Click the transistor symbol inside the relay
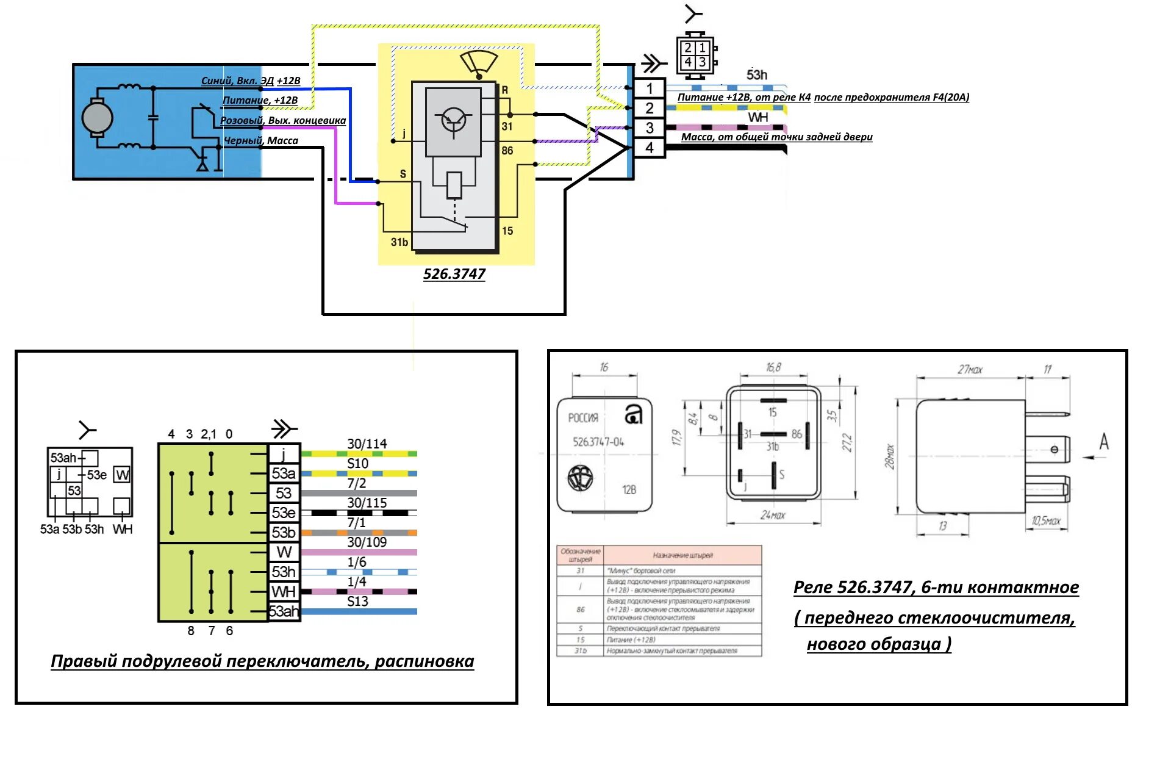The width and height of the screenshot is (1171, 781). [x=453, y=121]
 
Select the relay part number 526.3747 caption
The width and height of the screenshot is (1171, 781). [x=454, y=274]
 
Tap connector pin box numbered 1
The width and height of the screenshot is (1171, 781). [x=650, y=88]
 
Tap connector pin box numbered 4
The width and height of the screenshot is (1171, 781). [x=650, y=148]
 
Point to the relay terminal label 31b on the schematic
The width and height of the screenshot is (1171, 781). [x=399, y=242]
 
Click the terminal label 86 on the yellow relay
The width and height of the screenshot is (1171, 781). [x=507, y=151]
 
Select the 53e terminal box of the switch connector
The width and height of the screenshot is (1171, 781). [x=284, y=513]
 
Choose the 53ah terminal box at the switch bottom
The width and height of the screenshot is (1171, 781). [x=284, y=611]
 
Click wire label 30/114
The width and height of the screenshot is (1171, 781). [x=367, y=444]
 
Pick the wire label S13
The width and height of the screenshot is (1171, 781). [x=357, y=601]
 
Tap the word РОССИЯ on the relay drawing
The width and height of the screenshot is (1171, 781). [x=583, y=418]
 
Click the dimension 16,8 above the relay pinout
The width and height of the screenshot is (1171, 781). [x=773, y=367]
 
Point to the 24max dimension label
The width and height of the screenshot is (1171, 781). [x=773, y=516]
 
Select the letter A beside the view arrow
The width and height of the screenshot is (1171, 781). [x=1104, y=442]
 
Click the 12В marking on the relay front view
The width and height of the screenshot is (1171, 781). [x=629, y=490]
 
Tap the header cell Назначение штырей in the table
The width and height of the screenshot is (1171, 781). [x=682, y=555]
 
